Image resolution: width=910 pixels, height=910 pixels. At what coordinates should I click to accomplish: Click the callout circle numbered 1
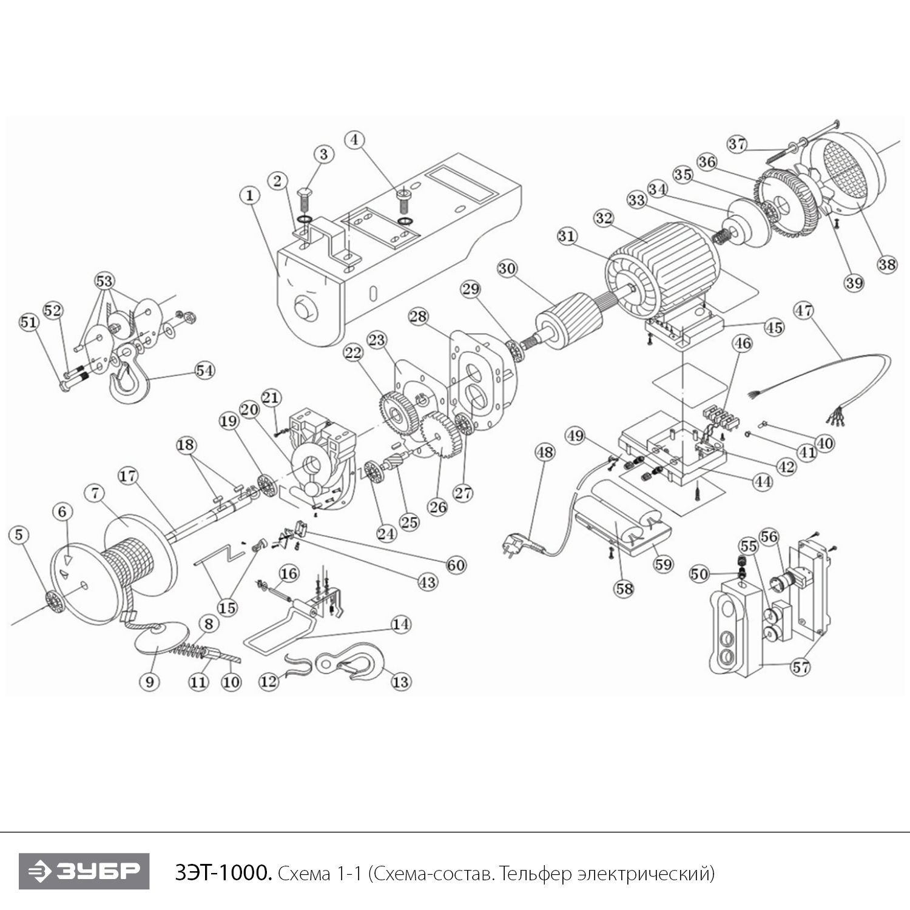pos(249,195)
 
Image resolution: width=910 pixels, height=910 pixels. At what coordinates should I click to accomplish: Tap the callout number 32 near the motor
pos(604,218)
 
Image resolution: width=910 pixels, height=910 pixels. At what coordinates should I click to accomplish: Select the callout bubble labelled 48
pos(545,453)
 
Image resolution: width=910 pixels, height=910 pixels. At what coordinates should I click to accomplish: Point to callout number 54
pos(204,369)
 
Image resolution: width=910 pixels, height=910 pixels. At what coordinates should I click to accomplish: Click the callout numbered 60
pos(456,565)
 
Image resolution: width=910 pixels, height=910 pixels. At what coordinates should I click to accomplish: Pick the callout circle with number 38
pos(887,265)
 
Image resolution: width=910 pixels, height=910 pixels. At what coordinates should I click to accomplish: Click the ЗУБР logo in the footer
pos(84,872)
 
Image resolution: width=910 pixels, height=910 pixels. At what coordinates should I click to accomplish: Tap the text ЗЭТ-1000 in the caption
pos(223,874)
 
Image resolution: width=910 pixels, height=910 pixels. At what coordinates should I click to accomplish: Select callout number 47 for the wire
pos(804,311)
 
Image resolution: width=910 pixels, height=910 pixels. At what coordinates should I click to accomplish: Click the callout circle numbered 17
pos(128,476)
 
